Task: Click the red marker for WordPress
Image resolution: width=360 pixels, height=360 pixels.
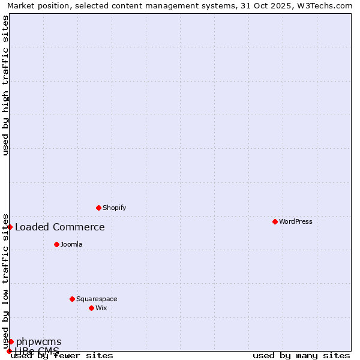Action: coord(275,221)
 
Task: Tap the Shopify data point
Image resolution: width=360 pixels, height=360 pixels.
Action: coord(98,208)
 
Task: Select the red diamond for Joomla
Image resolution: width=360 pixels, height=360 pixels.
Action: coord(56,244)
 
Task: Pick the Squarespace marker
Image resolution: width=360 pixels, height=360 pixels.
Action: coord(72,299)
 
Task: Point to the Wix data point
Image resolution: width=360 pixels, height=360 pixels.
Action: coord(91,308)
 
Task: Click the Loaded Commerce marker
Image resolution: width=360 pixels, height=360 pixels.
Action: coord(10,227)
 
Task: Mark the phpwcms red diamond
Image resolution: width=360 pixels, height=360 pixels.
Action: coord(11,341)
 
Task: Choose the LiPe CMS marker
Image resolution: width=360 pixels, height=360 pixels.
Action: coord(9,351)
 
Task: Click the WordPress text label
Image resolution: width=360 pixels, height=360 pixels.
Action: coord(296,221)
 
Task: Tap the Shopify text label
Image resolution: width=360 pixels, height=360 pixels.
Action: coord(114,208)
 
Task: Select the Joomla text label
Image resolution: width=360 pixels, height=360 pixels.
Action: coord(71,244)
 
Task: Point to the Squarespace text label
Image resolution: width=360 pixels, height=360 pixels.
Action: coord(97,299)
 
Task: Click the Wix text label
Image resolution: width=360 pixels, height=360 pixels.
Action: coord(101,308)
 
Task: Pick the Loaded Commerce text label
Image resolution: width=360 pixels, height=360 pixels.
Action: coord(59,227)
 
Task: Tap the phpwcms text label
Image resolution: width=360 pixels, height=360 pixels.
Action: coord(38,341)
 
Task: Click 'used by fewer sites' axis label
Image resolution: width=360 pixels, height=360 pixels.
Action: coord(62,356)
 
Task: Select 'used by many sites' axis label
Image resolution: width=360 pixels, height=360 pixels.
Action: coord(301,356)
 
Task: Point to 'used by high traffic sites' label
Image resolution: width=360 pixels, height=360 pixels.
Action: coord(6,85)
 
